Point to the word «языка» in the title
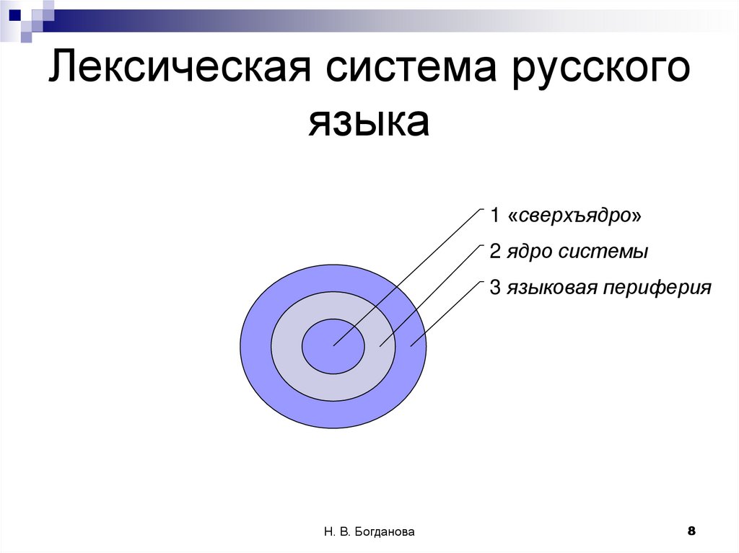pos(369,123)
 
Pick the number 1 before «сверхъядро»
pos(494,216)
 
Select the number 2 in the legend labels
pos(494,252)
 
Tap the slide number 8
pos(691,531)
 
